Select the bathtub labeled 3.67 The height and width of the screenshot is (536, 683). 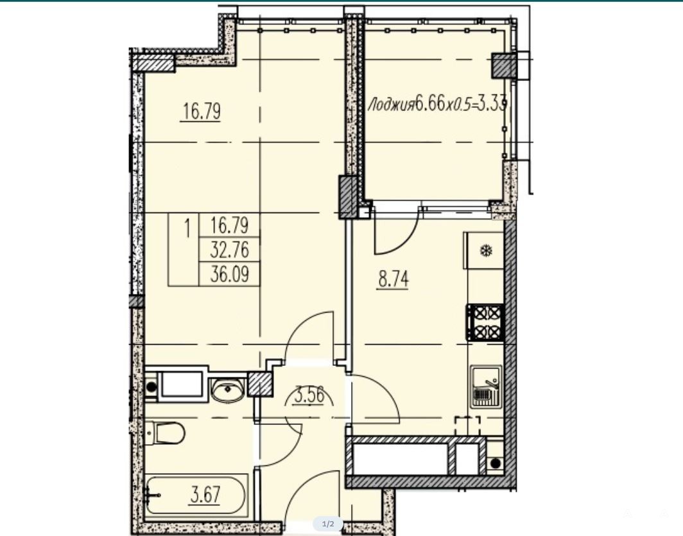pos(196,496)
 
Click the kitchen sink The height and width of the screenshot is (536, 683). pos(486,386)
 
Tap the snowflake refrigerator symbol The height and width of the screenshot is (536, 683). pos(486,251)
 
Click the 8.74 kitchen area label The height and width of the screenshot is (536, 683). pos(393,279)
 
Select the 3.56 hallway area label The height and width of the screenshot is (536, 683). pos(309,396)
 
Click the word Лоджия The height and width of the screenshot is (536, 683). pos(391,105)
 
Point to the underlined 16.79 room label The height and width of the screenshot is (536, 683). pos(202,112)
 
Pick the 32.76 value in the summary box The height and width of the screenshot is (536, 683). pos(230,250)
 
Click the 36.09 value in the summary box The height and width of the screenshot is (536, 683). pos(230,275)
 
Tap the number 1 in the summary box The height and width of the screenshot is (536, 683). pos(187,228)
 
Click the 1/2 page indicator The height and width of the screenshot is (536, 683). pos(328,524)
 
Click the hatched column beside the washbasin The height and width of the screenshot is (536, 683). pos(260,384)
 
